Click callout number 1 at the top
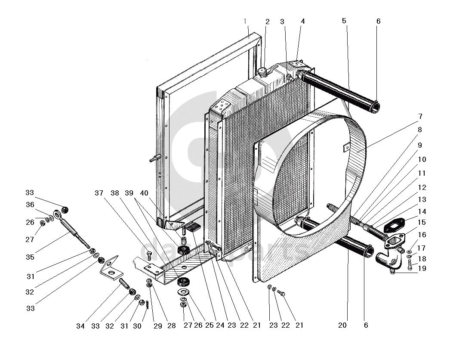[245, 21]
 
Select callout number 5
[344, 21]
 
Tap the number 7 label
[420, 116]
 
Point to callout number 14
[422, 211]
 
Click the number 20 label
[342, 326]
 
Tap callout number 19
[422, 269]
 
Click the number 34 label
[80, 326]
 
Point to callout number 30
[137, 326]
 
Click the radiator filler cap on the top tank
[262, 71]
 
